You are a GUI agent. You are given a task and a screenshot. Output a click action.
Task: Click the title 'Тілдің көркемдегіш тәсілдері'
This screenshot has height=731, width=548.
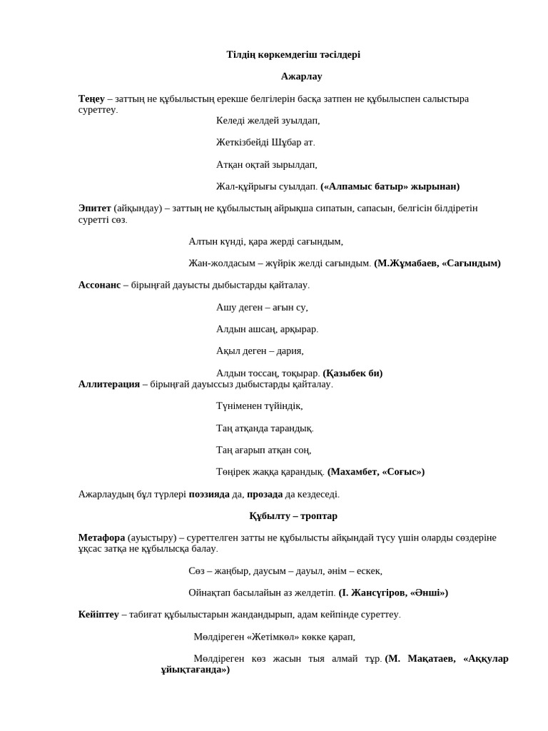pos(293,55)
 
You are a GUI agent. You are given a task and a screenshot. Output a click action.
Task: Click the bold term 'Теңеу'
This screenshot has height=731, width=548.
pos(91,99)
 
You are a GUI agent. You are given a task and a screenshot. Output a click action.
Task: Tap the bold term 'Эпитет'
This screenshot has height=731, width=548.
pos(94,208)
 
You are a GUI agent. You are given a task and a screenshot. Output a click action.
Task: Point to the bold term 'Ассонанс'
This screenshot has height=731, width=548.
pos(99,285)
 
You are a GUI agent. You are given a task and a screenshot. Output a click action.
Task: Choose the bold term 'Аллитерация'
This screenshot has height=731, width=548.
pos(108,384)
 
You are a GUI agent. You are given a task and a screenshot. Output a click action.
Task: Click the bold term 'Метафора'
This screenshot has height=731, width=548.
pos(101,537)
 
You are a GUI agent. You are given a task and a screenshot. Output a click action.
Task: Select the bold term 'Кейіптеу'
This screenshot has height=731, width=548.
pos(98,614)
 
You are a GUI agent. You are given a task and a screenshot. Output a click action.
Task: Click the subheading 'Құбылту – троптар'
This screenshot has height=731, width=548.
pos(293,515)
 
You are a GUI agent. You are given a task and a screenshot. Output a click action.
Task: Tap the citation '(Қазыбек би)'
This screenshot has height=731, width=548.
pos(352,373)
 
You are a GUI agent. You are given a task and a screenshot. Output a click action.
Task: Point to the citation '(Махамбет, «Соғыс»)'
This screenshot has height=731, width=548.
pos(376,472)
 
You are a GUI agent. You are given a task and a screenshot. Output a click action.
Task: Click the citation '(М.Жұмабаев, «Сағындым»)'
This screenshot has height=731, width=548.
pos(437,263)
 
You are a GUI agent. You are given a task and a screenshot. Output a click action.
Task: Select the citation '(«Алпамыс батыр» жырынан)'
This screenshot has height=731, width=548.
pos(390,186)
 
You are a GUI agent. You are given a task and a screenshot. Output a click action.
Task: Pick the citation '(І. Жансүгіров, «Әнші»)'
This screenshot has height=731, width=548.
pos(393,593)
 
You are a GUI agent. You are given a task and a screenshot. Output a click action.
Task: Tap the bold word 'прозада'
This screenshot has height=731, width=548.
pos(265,494)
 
